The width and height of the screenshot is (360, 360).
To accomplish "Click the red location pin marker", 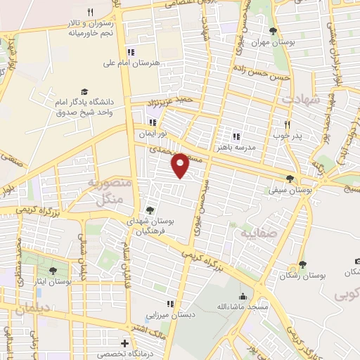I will pos(181,165).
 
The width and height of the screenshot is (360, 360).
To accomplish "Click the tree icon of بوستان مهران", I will pos(274,31).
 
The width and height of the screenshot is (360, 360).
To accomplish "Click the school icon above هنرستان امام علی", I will pos(131,52).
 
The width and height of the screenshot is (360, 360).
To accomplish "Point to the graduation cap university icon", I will pos(84,91).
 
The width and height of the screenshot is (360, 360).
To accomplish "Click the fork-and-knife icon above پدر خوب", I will pos(288,123).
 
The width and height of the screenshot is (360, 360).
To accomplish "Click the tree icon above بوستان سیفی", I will pos(290,179).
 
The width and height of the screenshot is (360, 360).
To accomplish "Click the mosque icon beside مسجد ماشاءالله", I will pos(243,296).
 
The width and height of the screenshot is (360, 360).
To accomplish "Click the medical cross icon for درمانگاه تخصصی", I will pos(124,344).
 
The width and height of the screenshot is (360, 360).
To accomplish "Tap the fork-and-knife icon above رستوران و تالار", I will pos(90,11).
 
